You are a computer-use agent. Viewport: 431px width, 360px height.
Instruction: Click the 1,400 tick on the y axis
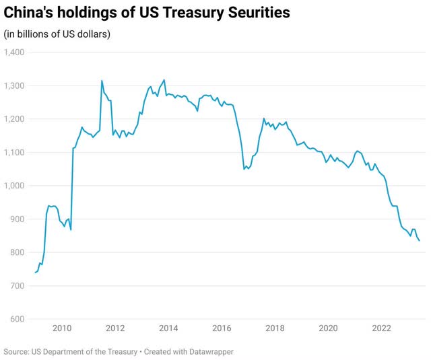click(x=14, y=52)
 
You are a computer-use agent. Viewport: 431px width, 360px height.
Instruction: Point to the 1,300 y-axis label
click(x=14, y=85)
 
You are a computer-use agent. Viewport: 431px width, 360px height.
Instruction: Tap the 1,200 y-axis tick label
click(x=14, y=119)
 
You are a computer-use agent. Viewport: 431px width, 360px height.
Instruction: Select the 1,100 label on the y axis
click(x=14, y=153)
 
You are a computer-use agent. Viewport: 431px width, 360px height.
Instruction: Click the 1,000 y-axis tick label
click(x=14, y=186)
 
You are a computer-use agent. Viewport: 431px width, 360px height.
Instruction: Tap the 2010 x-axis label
click(x=62, y=328)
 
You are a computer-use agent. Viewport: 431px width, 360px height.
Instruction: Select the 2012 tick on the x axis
click(x=115, y=328)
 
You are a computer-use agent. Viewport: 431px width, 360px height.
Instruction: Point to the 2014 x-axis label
click(x=168, y=328)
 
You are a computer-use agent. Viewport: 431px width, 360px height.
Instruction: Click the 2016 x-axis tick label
click(x=222, y=328)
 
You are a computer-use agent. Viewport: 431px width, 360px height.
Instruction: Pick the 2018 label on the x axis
click(x=275, y=328)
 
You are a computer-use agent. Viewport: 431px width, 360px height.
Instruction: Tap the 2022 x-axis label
click(x=381, y=328)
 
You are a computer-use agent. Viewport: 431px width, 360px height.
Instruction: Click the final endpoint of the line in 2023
click(x=420, y=240)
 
